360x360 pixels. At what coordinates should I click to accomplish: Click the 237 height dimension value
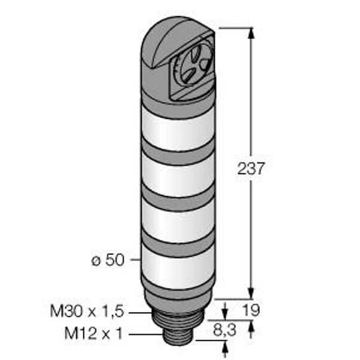point(251,168)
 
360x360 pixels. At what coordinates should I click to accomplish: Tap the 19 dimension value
point(251,310)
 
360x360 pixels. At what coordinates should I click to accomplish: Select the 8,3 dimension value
point(224,331)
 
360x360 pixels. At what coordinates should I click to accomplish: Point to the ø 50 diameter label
point(108,260)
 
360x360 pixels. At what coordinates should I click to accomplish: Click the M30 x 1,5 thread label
point(87,311)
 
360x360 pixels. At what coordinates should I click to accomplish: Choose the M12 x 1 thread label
point(94,334)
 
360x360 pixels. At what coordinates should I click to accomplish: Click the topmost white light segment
point(178,128)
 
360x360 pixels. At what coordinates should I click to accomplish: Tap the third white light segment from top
point(178,221)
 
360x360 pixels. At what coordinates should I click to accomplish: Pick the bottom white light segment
point(178,268)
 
